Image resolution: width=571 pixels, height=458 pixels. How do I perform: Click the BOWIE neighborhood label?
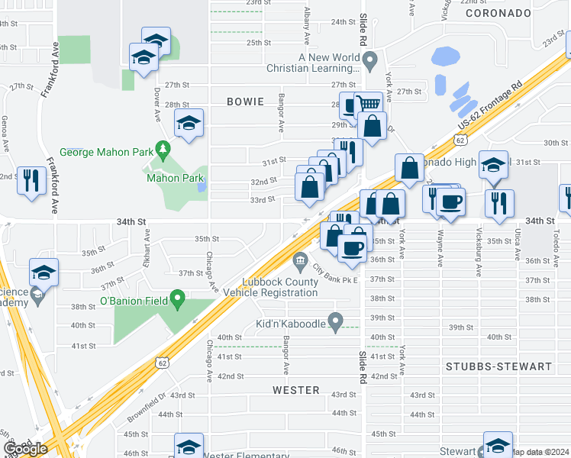245,102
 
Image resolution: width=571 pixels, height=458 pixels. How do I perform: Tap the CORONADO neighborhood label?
497,13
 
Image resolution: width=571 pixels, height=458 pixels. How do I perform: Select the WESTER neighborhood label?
296,390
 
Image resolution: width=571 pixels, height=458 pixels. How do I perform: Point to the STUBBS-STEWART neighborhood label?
499,366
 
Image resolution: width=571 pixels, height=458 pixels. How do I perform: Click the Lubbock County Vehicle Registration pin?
300,263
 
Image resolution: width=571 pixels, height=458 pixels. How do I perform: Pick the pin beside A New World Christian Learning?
370,59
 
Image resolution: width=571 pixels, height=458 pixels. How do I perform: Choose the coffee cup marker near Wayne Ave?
450,202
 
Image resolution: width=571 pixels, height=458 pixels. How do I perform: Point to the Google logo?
25,449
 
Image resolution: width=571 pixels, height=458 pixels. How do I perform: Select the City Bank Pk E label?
336,274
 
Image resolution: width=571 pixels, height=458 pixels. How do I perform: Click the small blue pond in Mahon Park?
201,185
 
